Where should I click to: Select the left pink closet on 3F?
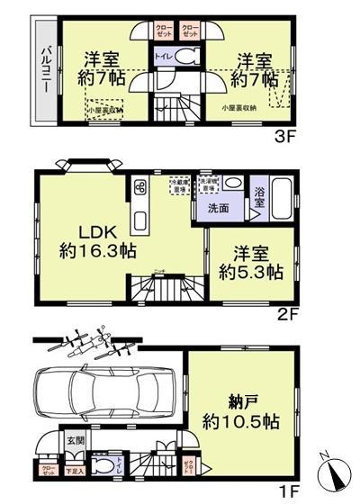coord(163,29)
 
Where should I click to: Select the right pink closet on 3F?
coord(190,29)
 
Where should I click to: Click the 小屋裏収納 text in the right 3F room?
coord(238,108)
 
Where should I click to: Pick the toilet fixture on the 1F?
coord(106,465)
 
